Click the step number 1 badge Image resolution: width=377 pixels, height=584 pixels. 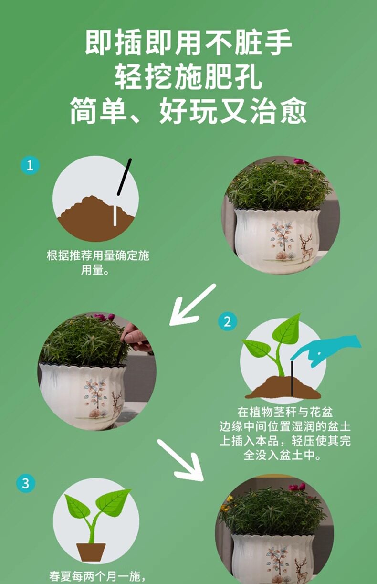(30, 165)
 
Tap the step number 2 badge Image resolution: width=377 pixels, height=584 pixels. (228, 321)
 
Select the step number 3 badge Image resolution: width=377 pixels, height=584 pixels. (26, 483)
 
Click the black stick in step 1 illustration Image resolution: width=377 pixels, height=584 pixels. (124, 177)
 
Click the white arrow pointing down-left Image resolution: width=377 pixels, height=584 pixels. (192, 305)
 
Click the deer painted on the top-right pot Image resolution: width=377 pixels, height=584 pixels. (307, 248)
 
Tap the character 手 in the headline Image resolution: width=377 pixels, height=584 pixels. (278, 42)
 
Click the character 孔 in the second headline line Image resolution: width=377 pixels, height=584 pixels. (248, 76)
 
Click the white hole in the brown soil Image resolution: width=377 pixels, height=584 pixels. (115, 216)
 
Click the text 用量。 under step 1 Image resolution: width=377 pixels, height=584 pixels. (95, 270)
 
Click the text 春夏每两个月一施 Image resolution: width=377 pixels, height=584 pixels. (94, 576)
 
